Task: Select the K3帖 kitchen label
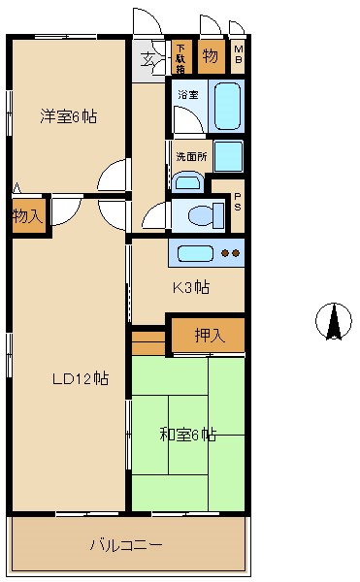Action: click(x=190, y=288)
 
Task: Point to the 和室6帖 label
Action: click(x=188, y=435)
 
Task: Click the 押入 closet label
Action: click(x=209, y=336)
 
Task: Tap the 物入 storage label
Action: click(x=27, y=215)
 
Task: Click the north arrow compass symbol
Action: click(x=334, y=322)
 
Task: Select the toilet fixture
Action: click(x=198, y=214)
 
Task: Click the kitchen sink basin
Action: click(x=194, y=253)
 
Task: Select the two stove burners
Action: click(x=231, y=253)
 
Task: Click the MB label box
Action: click(x=238, y=56)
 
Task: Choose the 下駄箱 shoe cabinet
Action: click(x=180, y=56)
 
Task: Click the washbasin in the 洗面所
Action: click(x=189, y=181)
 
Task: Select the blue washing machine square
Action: click(x=228, y=155)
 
